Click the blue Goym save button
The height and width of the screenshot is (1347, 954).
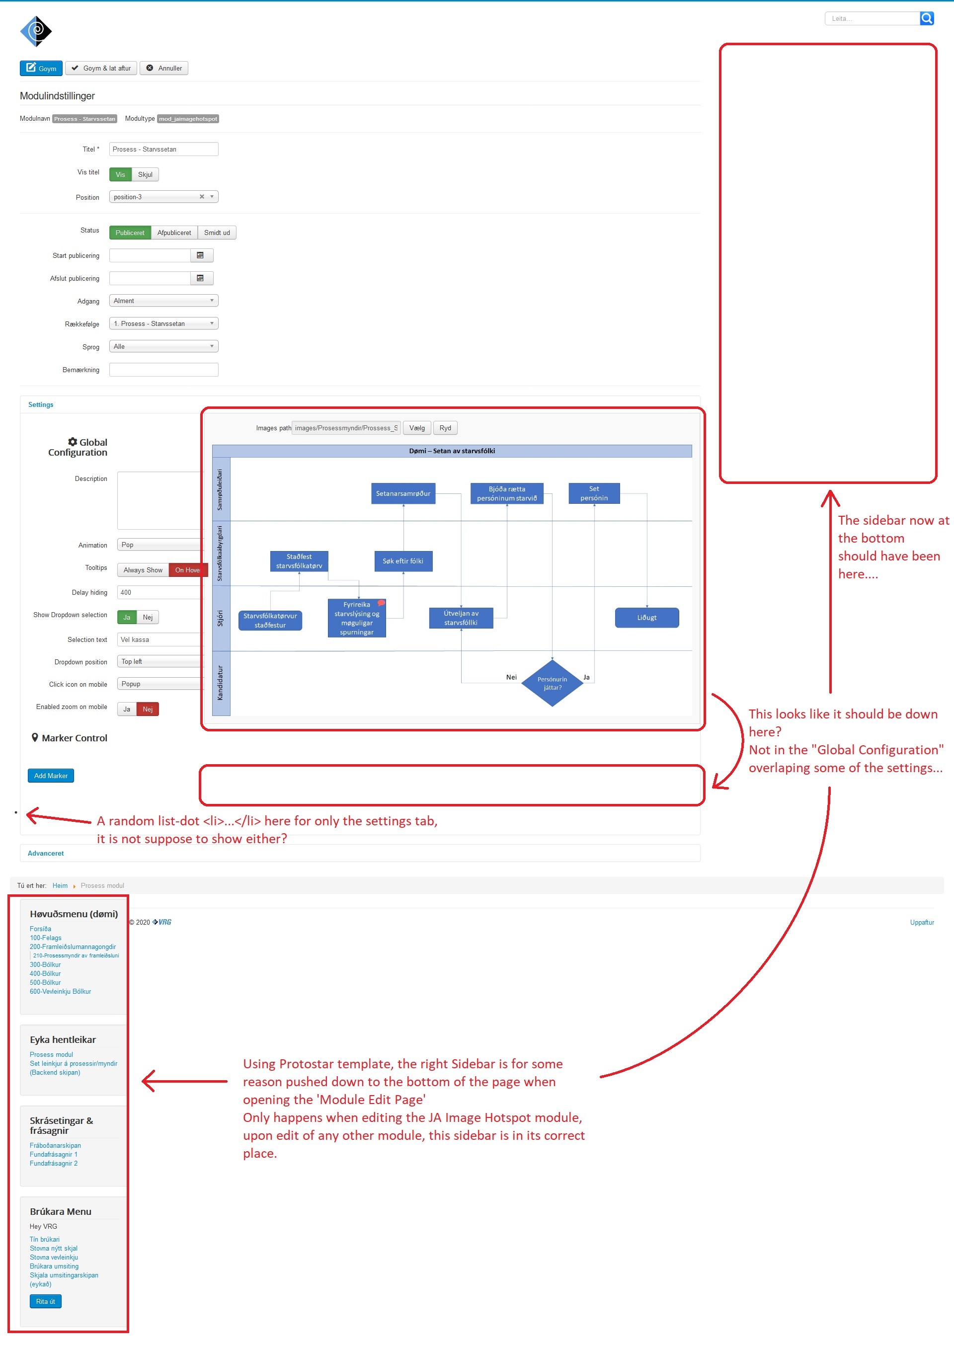click(x=41, y=68)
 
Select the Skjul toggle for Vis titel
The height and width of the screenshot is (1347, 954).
click(x=145, y=174)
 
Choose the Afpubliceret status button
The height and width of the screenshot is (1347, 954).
click(x=174, y=233)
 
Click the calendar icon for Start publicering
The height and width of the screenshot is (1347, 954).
click(x=200, y=255)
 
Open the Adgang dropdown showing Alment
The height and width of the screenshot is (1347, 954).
click(x=163, y=301)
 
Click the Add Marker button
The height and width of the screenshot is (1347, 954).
click(x=51, y=776)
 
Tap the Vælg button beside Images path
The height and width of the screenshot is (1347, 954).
click(x=416, y=428)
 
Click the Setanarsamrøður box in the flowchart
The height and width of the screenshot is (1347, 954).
click(x=403, y=493)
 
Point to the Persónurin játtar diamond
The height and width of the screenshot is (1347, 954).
click(x=552, y=683)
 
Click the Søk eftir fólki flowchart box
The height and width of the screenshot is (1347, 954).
click(x=403, y=561)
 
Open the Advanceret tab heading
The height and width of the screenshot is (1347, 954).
click(x=46, y=853)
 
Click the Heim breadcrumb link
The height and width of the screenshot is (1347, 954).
click(x=60, y=885)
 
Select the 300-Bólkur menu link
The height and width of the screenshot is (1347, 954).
click(x=45, y=964)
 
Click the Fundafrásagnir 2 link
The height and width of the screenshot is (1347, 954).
click(x=54, y=1163)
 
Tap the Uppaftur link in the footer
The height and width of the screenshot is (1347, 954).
click(x=921, y=922)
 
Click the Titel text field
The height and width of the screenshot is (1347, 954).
click(x=163, y=149)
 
